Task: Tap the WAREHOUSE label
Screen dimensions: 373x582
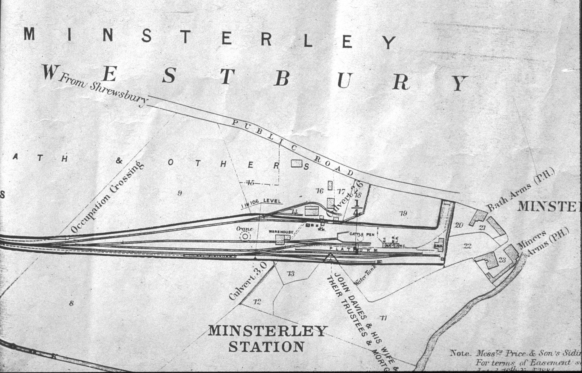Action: click(281, 232)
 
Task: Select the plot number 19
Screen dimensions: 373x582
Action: click(403, 213)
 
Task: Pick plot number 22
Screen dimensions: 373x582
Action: click(467, 246)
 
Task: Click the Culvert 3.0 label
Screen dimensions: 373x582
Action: click(248, 281)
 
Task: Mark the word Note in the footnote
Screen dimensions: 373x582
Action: click(460, 353)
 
